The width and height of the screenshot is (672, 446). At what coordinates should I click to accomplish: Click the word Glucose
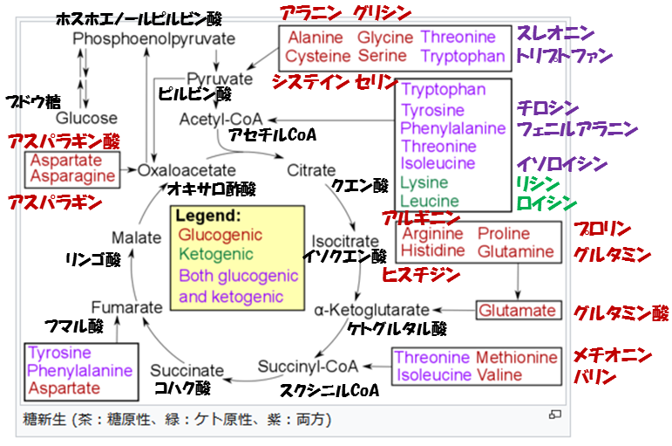(x=86, y=118)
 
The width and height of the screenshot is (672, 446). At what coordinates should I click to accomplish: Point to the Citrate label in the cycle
(x=310, y=170)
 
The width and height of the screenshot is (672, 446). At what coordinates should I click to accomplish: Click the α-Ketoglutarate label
(x=372, y=310)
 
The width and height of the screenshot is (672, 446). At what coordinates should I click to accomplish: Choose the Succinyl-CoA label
(x=308, y=366)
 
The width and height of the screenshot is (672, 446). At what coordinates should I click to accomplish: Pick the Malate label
(x=137, y=237)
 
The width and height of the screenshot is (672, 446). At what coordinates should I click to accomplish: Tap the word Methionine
(x=517, y=358)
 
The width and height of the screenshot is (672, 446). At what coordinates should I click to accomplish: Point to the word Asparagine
(x=73, y=176)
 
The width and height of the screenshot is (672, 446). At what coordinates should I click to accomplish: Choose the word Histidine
(x=433, y=251)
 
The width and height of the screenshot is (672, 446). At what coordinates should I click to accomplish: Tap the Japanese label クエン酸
(x=359, y=186)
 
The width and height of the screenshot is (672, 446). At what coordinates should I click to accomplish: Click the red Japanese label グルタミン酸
(x=621, y=312)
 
